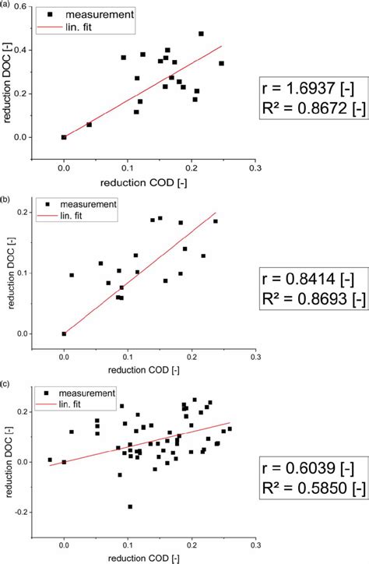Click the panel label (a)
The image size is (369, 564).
pos(5,5)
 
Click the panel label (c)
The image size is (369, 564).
pos(5,383)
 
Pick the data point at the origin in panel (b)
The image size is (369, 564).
pos(64,333)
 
